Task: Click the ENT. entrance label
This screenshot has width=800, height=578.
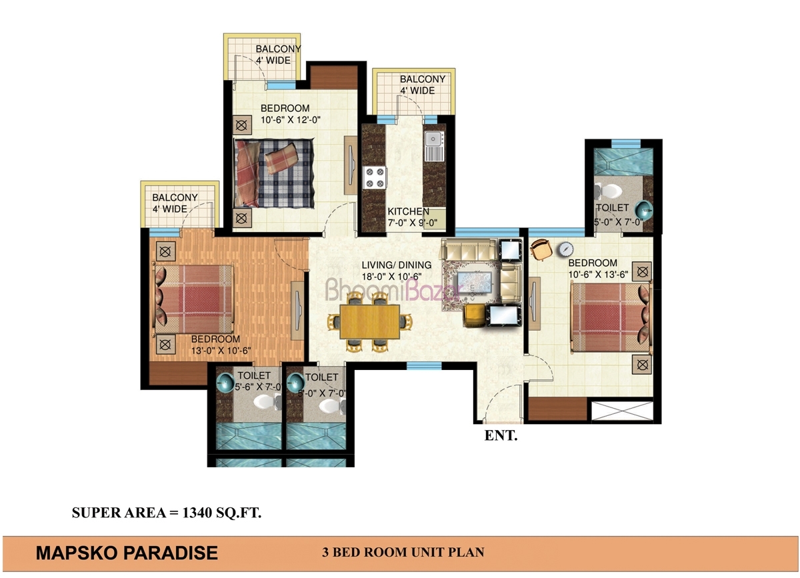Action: tap(501, 435)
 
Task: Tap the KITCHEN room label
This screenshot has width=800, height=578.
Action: tap(409, 211)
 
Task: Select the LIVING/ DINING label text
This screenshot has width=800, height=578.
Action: tap(397, 265)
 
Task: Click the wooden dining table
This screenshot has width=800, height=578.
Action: tap(369, 321)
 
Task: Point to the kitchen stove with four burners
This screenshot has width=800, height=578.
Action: tap(375, 177)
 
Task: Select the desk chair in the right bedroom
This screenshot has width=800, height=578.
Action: tap(541, 249)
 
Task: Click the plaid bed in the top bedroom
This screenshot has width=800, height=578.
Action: tap(274, 173)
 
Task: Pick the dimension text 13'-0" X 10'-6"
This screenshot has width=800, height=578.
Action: tap(221, 351)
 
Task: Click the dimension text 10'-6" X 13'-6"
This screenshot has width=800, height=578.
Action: tap(598, 275)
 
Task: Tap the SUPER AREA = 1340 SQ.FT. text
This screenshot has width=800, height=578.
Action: tap(167, 513)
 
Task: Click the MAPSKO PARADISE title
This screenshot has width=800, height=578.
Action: tap(127, 553)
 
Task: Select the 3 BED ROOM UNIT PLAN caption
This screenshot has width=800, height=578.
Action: tap(403, 552)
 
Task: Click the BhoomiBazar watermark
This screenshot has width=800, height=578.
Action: tap(393, 290)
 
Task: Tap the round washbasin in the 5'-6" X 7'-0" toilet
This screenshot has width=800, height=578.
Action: tap(225, 383)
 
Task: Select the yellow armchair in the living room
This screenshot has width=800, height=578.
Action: tap(474, 315)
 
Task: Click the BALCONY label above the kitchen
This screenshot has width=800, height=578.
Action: tap(423, 79)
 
